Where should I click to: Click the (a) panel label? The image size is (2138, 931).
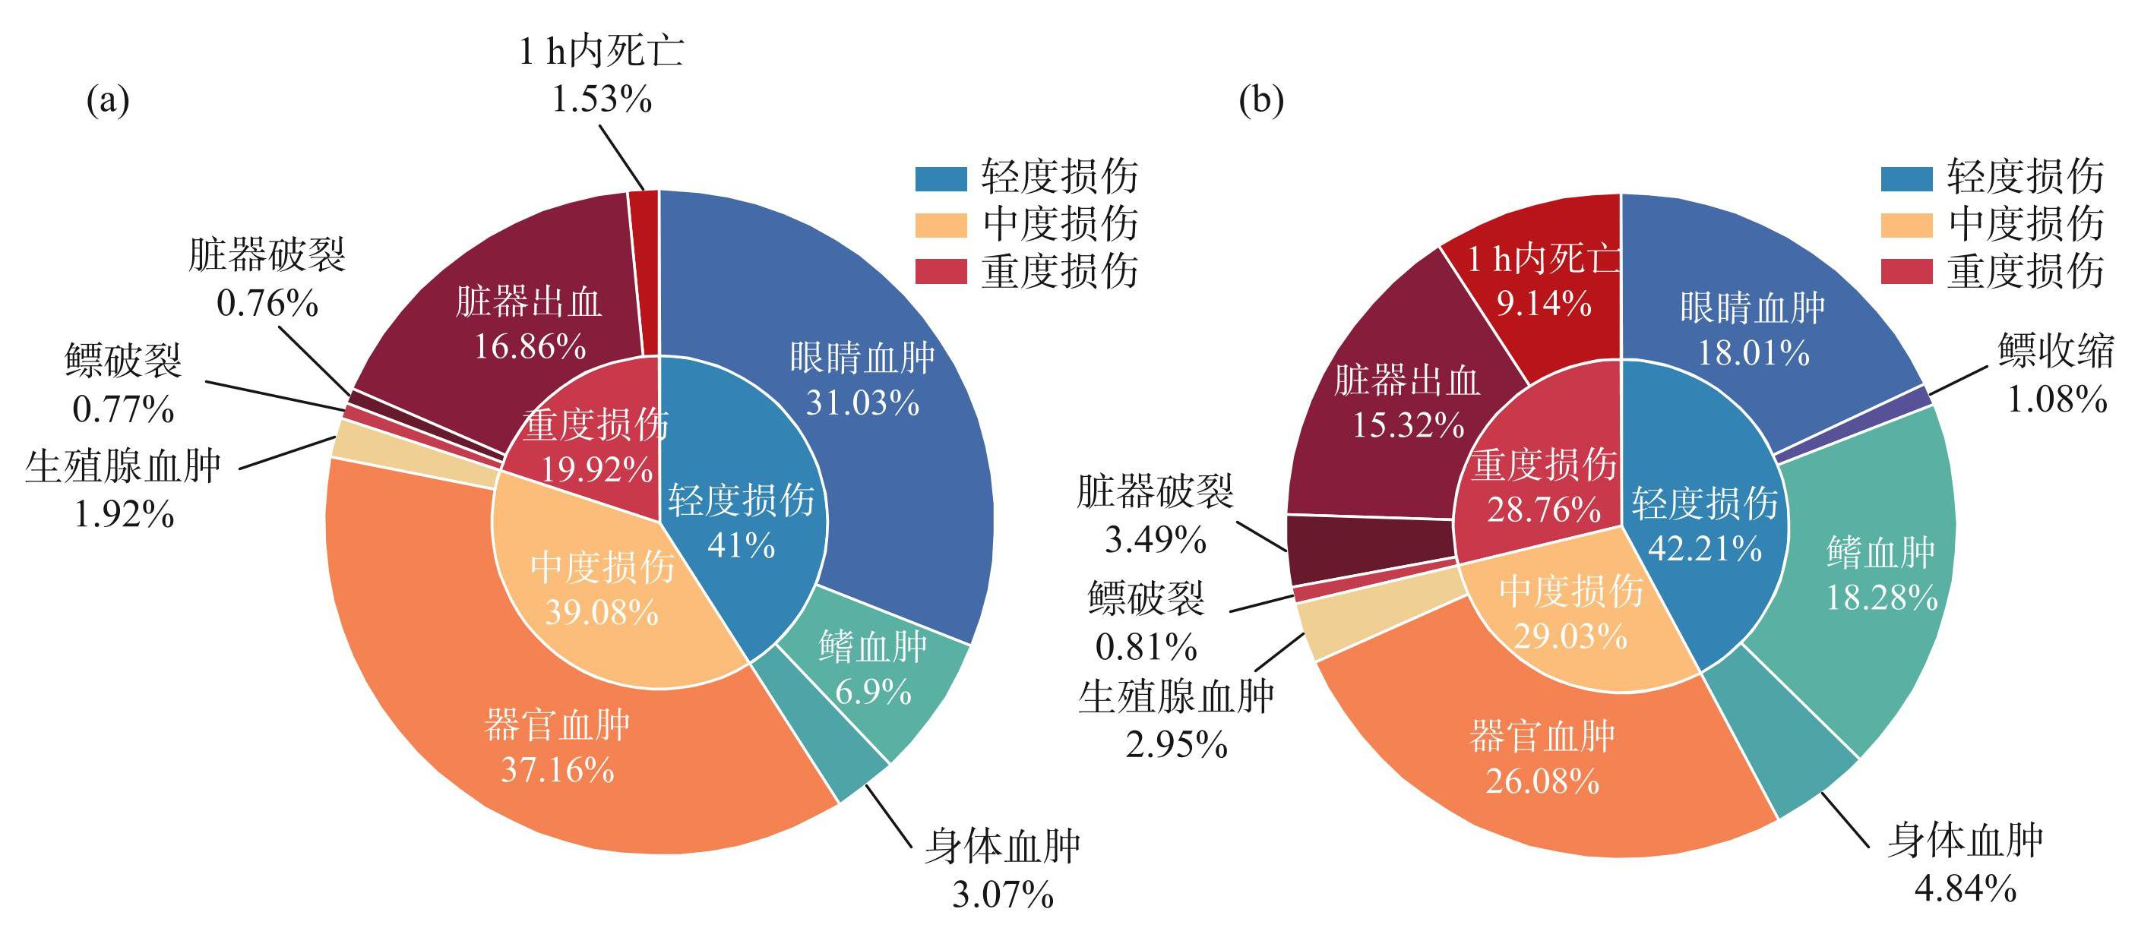pos(108,100)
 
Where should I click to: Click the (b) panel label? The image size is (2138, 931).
pos(1260,100)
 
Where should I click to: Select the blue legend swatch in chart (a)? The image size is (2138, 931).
pos(941,178)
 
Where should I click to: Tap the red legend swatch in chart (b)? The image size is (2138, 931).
pos(1906,271)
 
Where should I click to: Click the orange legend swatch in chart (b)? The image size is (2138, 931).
pos(1906,225)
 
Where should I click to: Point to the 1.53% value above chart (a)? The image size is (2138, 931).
pos(602,99)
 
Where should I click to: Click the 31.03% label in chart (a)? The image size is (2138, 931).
pos(862,402)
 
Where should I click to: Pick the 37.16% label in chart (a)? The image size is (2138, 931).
pos(557,770)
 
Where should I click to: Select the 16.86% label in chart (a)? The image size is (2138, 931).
pos(530,346)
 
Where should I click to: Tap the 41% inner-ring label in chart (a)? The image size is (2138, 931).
pos(742,545)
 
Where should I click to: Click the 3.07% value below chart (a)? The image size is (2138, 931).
pos(1003,895)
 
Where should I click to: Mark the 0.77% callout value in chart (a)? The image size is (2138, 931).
pos(123,409)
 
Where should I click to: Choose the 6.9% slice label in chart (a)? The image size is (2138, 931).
pos(873,691)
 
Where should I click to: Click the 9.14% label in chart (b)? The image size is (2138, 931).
pos(1544,303)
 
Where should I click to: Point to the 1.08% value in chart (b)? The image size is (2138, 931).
pos(2057,399)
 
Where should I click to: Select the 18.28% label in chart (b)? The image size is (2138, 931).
pos(1881,597)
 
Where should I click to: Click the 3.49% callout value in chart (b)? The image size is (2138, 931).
pos(1155,540)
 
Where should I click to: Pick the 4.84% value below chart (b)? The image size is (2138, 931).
pos(1966,888)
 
